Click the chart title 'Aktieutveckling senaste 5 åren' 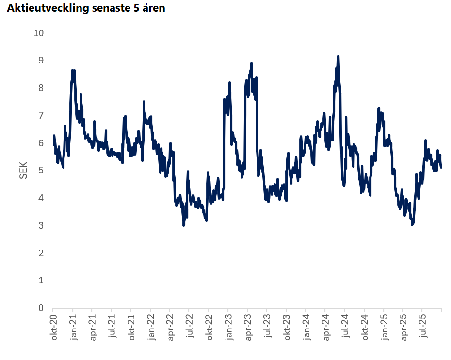tap(86, 8)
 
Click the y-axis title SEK tap(23, 171)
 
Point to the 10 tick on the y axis tap(39, 33)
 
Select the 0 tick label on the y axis tap(41, 308)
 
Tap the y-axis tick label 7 tap(41, 115)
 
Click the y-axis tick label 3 tap(41, 226)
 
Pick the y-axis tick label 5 tap(41, 171)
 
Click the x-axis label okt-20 tap(54, 327)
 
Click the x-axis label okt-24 tap(364, 327)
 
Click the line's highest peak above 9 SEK tap(338, 56)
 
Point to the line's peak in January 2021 tap(73, 70)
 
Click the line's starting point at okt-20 tap(53, 144)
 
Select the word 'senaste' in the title tap(108, 8)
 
